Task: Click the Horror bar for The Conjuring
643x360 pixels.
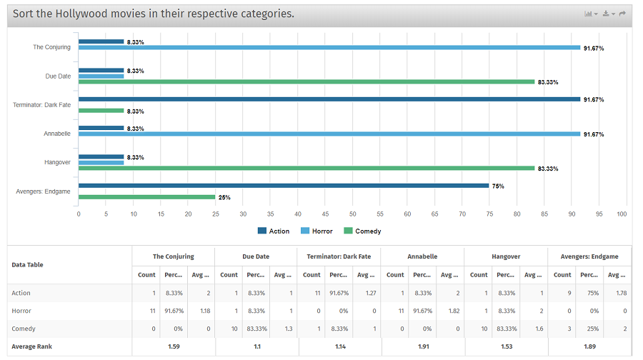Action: pyautogui.click(x=329, y=48)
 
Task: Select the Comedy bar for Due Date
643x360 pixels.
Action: pyautogui.click(x=306, y=82)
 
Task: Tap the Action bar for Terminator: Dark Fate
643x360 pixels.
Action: pyautogui.click(x=329, y=99)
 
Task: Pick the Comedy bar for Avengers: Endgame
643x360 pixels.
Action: pyautogui.click(x=146, y=197)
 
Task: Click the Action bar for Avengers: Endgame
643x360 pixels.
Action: pyautogui.click(x=284, y=186)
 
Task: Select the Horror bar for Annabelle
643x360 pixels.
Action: pyautogui.click(x=329, y=134)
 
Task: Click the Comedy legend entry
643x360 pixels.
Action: pyautogui.click(x=363, y=231)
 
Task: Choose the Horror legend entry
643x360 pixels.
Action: pyautogui.click(x=316, y=231)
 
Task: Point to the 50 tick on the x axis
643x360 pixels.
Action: pyautogui.click(x=352, y=214)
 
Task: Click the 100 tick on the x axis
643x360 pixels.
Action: pyautogui.click(x=622, y=214)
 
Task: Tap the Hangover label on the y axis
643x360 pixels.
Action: pyautogui.click(x=57, y=162)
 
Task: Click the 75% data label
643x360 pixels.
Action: pyautogui.click(x=498, y=186)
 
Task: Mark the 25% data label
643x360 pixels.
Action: pyautogui.click(x=224, y=197)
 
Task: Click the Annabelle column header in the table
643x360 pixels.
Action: pyautogui.click(x=422, y=256)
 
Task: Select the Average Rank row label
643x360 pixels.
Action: pyautogui.click(x=31, y=346)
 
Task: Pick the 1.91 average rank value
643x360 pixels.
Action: pyautogui.click(x=422, y=346)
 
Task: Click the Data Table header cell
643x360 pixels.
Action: pyautogui.click(x=28, y=265)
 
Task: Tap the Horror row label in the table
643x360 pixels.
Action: pyautogui.click(x=21, y=311)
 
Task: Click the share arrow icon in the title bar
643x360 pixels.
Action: pyautogui.click(x=622, y=14)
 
